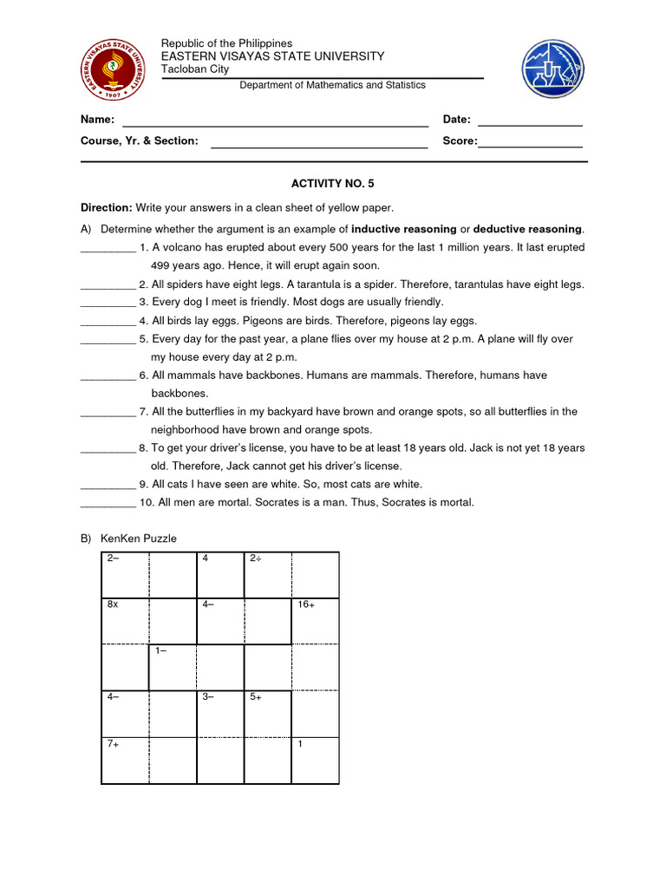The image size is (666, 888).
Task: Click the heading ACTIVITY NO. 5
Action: [x=333, y=184]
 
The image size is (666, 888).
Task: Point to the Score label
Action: [x=459, y=140]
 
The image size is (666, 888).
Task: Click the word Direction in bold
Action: [x=106, y=207]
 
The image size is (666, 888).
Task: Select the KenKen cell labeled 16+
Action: [x=315, y=621]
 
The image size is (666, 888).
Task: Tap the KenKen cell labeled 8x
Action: [x=125, y=621]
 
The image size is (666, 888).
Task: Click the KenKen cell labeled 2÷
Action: [x=267, y=575]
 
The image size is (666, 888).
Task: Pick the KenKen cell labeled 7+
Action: [x=125, y=761]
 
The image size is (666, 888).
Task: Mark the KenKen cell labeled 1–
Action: [x=173, y=668]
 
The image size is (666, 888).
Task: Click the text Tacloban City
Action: [x=195, y=69]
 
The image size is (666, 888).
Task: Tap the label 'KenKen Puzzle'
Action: [x=138, y=539]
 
